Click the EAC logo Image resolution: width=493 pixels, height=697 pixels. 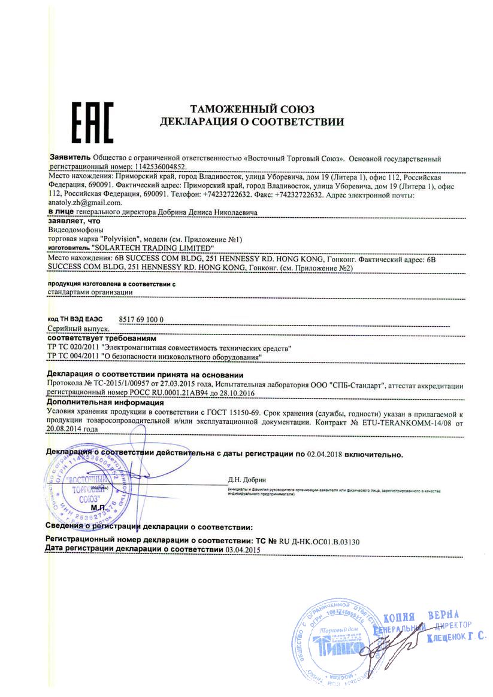pos(92,121)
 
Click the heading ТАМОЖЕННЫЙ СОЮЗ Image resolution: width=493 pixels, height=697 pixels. pos(252,109)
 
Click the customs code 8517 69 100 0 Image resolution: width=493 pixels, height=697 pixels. pos(141,321)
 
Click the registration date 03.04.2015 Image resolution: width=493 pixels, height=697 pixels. pos(243,549)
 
